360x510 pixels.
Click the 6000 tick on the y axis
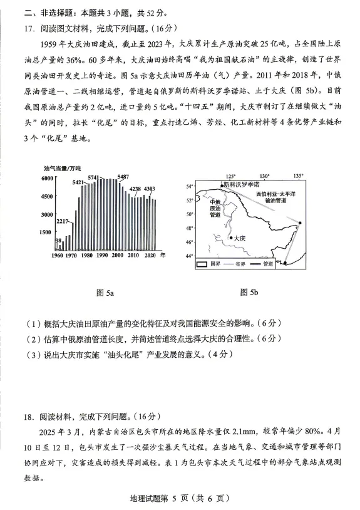(48, 179)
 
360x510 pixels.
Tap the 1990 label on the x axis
(101, 256)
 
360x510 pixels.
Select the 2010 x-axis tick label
(134, 256)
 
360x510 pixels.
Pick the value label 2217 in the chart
(63, 222)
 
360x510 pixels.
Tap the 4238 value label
(135, 189)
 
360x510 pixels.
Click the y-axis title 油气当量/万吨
(62, 169)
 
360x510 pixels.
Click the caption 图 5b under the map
(249, 292)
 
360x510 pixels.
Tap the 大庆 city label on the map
(239, 238)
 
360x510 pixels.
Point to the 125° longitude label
(230, 177)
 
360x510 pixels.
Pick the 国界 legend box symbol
(202, 265)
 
